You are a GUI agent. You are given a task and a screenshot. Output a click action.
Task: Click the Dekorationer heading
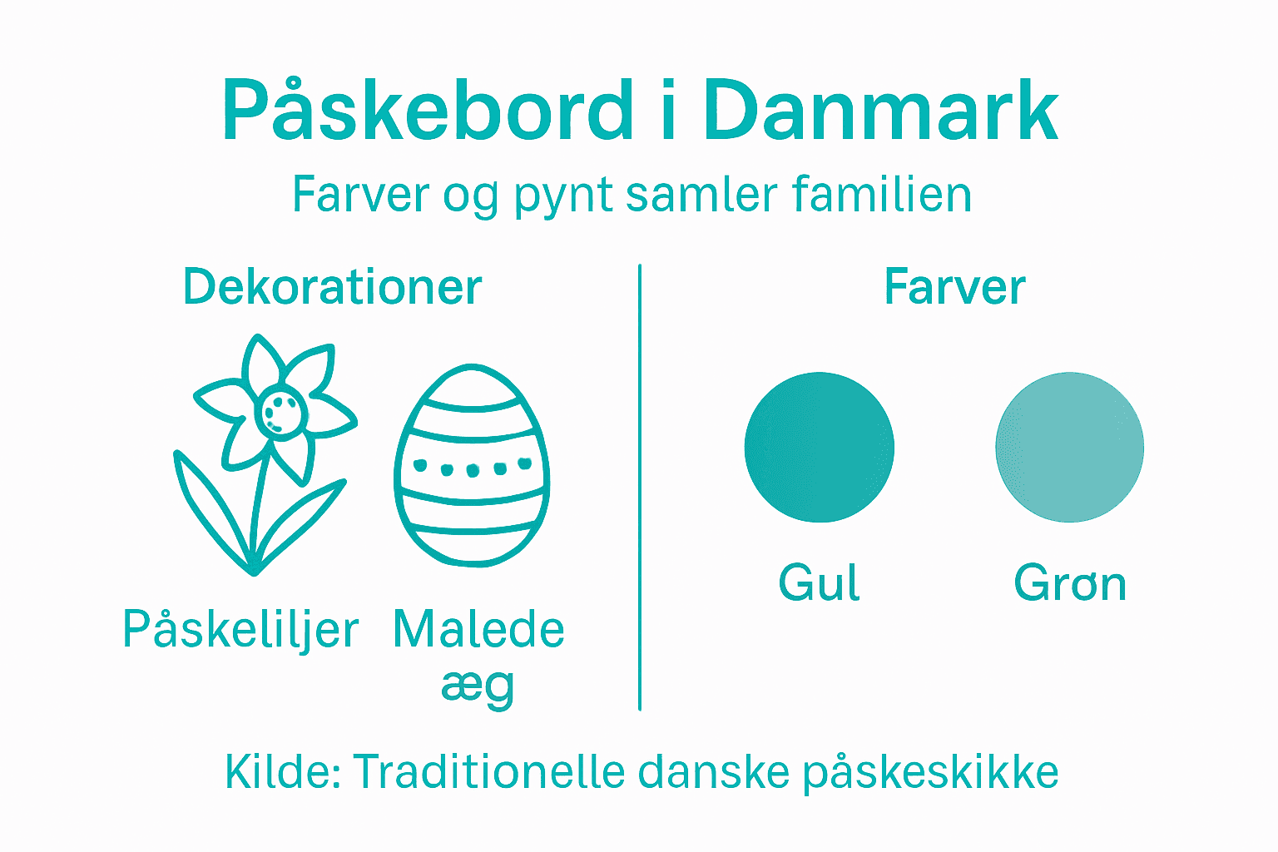coord(332,288)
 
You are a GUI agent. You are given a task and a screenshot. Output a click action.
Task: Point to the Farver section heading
coord(954,288)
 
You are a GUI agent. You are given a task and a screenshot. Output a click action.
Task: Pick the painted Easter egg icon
coord(472,466)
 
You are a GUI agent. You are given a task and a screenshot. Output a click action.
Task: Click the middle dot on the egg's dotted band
coord(473,470)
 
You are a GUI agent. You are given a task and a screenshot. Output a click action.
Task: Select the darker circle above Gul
coord(819,448)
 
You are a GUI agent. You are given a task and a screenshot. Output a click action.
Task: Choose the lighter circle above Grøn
coord(1069,448)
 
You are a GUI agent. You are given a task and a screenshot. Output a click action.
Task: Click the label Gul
coord(819,582)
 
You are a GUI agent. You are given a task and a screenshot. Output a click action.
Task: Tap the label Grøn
coord(1070,584)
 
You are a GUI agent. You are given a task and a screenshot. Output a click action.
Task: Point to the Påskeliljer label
coord(240,630)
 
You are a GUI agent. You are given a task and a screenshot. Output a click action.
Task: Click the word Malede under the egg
coord(478,630)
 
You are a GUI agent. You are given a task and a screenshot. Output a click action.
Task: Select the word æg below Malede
coord(478,687)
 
